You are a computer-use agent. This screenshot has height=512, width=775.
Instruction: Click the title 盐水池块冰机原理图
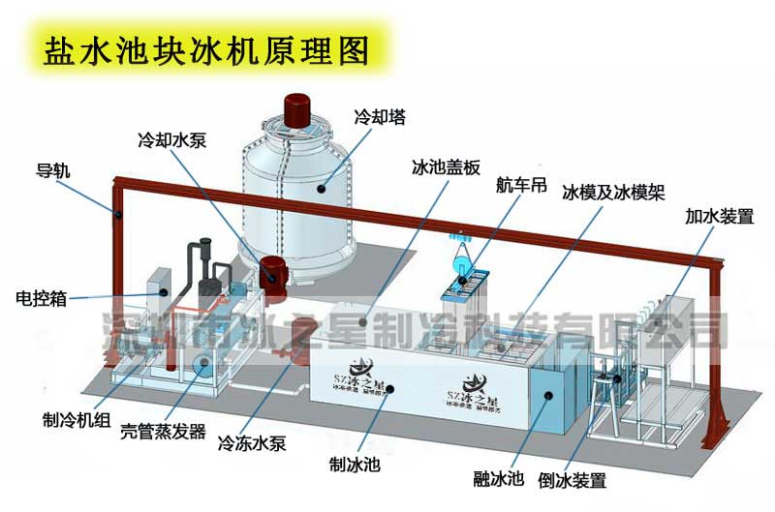pyautogui.click(x=204, y=51)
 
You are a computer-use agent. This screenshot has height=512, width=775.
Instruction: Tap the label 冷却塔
pyautogui.click(x=381, y=118)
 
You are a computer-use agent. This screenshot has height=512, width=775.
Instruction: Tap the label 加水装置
pyautogui.click(x=719, y=216)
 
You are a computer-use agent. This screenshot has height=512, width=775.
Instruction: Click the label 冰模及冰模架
pyautogui.click(x=614, y=193)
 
